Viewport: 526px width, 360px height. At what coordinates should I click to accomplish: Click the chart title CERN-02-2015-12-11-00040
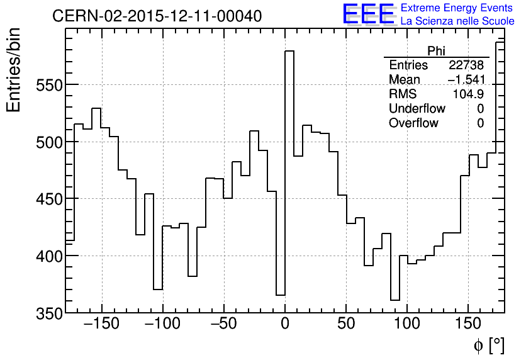[157, 16]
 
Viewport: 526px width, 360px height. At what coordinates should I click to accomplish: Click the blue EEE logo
[369, 14]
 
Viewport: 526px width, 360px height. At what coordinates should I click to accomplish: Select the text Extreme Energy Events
[457, 8]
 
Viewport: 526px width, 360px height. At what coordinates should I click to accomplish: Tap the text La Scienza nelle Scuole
[457, 21]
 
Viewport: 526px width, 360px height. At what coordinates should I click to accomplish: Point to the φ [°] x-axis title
[489, 345]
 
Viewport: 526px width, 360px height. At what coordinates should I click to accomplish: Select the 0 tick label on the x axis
[285, 324]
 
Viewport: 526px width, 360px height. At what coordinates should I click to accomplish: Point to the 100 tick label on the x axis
[407, 324]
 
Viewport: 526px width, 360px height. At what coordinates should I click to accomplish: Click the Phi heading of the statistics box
[436, 51]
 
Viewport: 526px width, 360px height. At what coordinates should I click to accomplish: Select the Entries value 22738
[466, 65]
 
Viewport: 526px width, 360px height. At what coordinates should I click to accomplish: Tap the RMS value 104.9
[468, 94]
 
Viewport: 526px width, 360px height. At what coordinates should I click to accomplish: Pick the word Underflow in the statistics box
[417, 109]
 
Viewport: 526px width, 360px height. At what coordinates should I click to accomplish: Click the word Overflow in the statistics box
[413, 123]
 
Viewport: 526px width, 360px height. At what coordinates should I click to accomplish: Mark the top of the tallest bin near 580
[289, 52]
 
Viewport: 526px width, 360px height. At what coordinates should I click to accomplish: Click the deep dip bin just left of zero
[281, 295]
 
